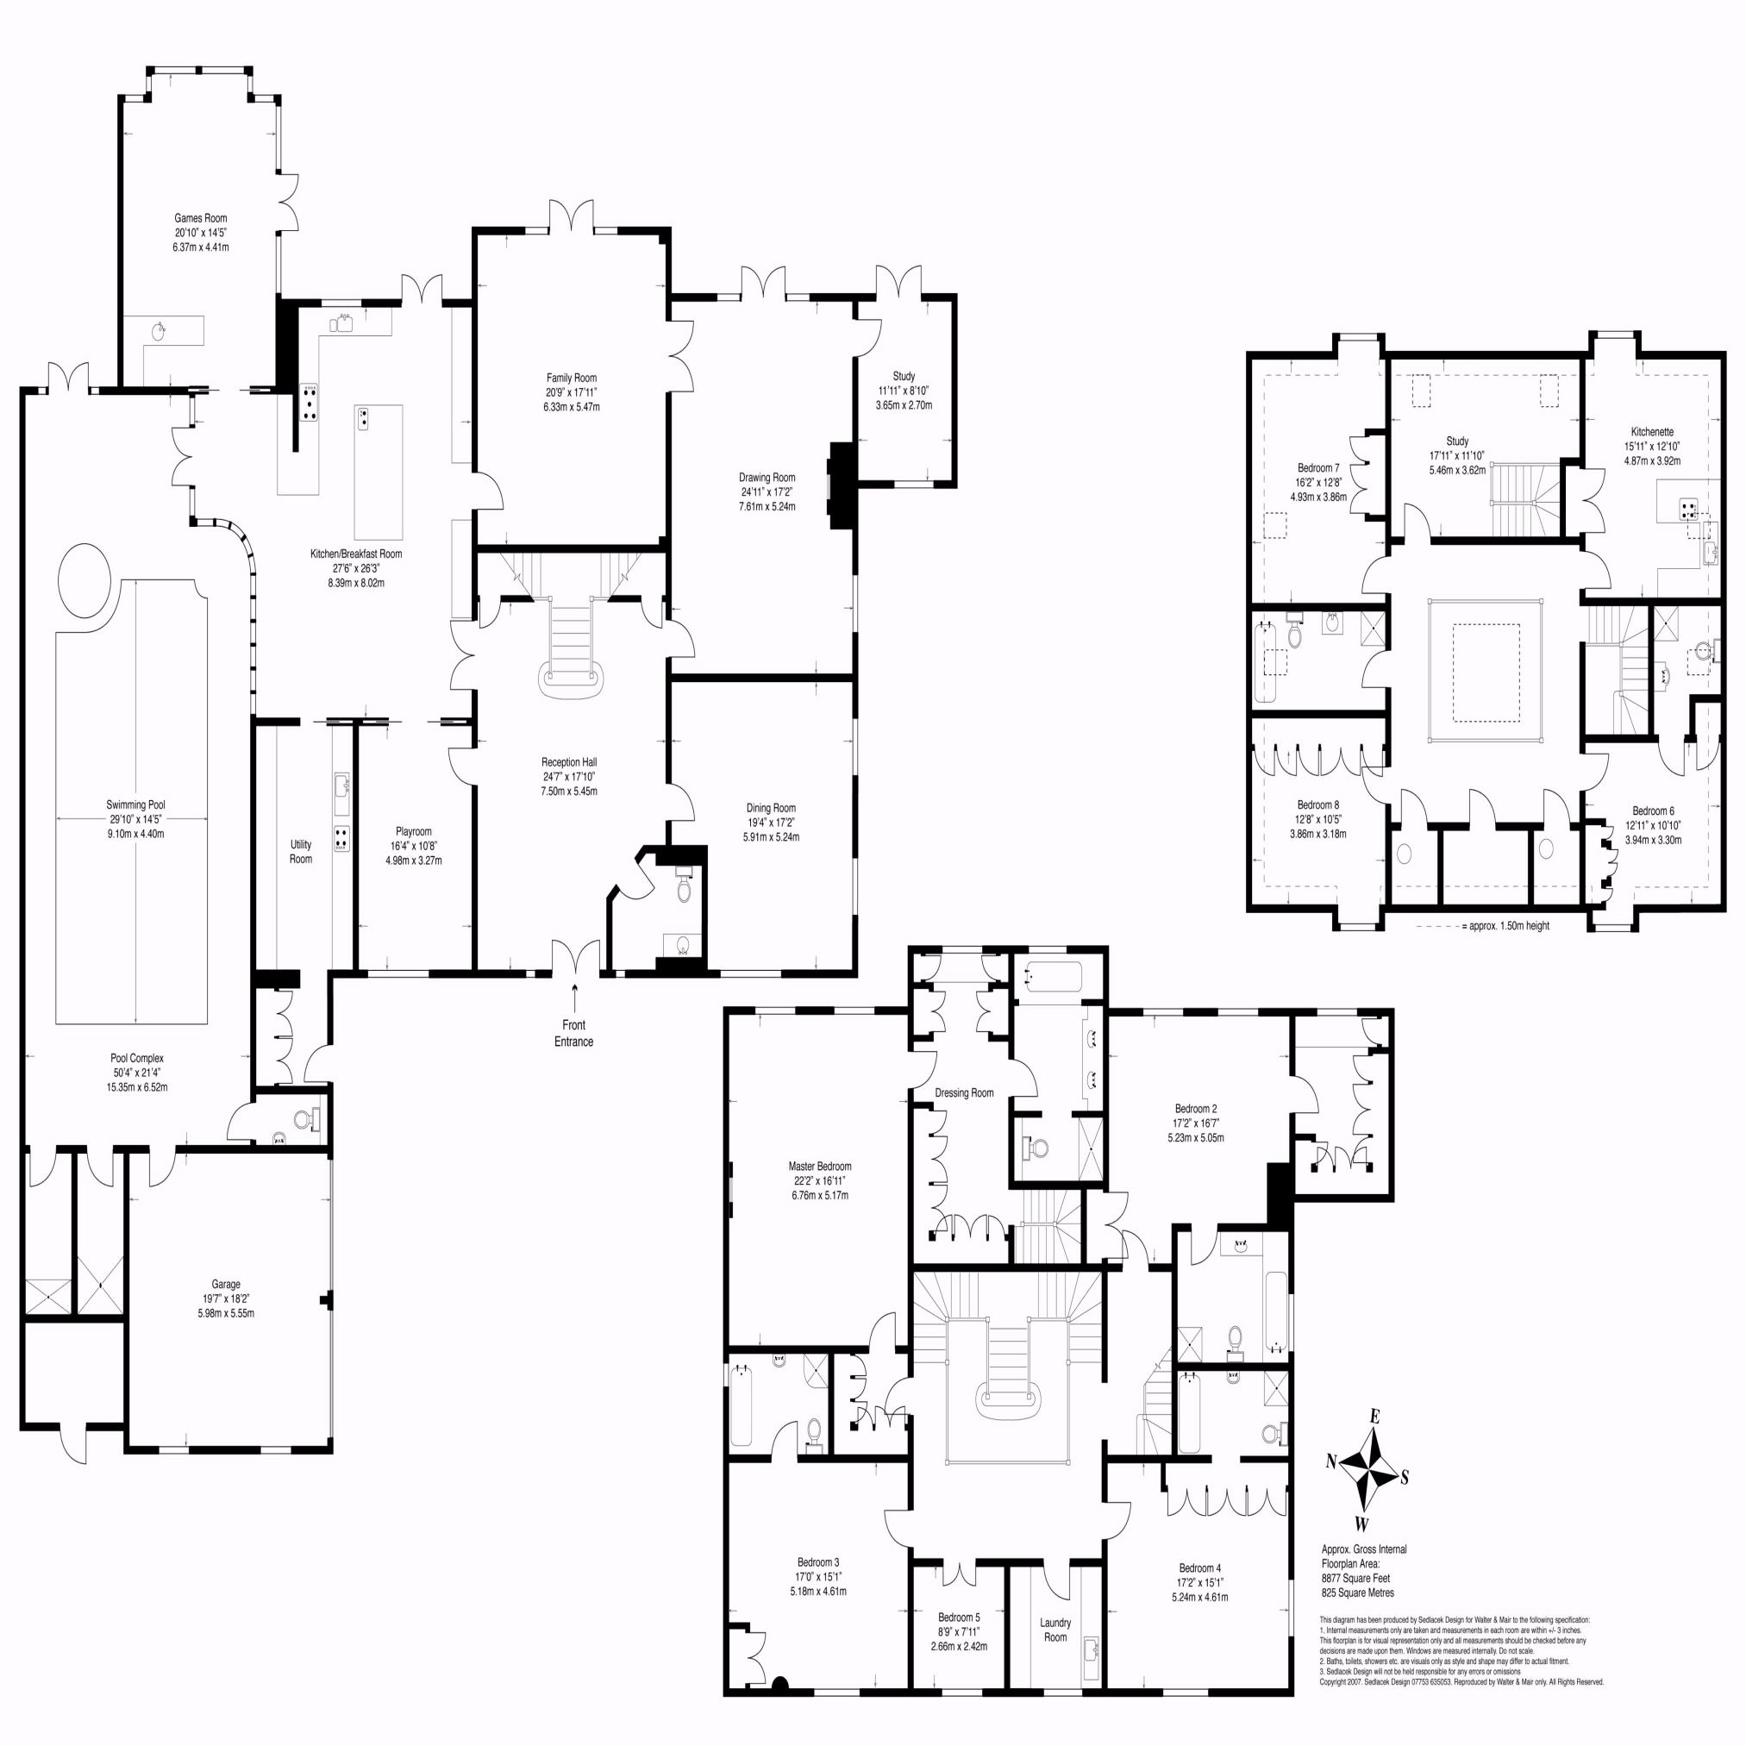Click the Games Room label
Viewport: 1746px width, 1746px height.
201,218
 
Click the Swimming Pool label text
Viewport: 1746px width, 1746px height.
135,804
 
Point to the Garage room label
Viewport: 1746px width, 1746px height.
226,1284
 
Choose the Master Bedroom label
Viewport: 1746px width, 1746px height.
820,1167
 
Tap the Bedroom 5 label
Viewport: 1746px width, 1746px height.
959,1618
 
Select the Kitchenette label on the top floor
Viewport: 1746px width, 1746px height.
1653,432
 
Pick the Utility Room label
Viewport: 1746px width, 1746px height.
301,851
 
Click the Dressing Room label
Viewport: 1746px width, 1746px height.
964,1092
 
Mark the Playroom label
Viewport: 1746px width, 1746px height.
414,831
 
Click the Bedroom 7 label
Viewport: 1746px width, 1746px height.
1318,468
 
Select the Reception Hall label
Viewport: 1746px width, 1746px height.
569,762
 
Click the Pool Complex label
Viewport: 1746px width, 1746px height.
137,1058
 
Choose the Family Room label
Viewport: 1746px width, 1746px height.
571,378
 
